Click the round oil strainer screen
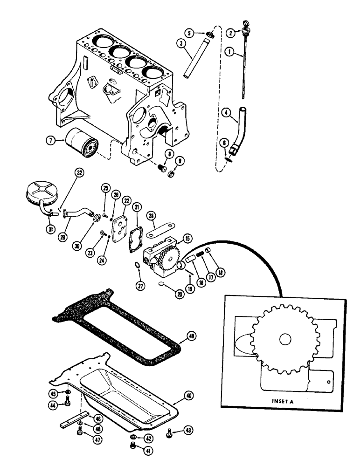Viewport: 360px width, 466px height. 46,191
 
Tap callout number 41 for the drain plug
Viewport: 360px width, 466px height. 149,451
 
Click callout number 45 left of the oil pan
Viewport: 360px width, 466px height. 54,392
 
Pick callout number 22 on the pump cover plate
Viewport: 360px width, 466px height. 126,200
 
